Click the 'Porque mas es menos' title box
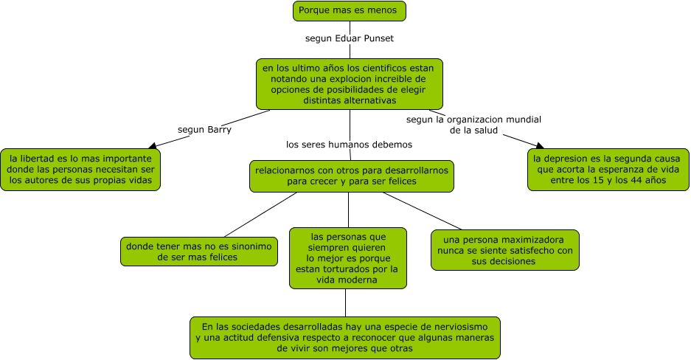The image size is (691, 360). coord(350,11)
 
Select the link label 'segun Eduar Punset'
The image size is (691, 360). coord(350,37)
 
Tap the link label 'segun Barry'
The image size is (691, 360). coord(204,129)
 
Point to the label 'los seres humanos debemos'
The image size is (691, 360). coord(349,144)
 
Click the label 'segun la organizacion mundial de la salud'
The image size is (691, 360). coord(473,124)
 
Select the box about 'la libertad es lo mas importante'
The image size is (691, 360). coord(80,170)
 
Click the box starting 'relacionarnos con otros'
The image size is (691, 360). coord(351,176)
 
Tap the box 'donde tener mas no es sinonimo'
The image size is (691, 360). coord(199,251)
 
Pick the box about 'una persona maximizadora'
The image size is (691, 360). coord(504,250)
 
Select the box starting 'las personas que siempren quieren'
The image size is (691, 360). coord(347,257)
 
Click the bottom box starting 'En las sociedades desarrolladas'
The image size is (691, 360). coord(345,338)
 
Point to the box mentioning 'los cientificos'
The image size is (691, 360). coord(349,83)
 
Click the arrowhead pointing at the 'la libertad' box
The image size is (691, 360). coord(153,146)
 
